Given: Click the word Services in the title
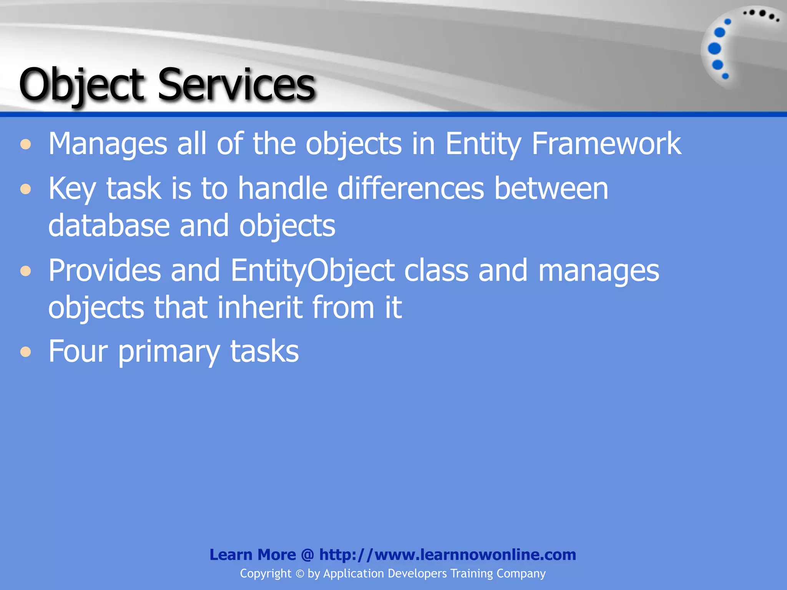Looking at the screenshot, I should (x=236, y=85).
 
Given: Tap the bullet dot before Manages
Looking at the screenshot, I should (x=26, y=145).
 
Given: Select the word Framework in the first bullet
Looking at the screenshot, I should (x=606, y=144).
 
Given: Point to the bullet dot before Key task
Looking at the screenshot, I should (x=26, y=189).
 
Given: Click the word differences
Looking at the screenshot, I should (x=410, y=189).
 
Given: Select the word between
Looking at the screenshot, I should (x=551, y=189).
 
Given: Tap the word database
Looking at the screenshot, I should (x=109, y=225).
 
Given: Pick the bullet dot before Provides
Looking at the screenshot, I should (x=26, y=271).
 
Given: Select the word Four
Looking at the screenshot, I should (x=78, y=351).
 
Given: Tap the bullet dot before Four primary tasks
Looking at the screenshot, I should (x=26, y=351).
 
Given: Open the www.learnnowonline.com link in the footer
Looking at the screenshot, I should (x=448, y=555).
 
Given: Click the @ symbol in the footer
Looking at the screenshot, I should (x=308, y=555).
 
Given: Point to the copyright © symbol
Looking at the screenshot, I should (x=300, y=574).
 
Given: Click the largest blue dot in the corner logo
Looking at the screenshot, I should (x=714, y=48).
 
